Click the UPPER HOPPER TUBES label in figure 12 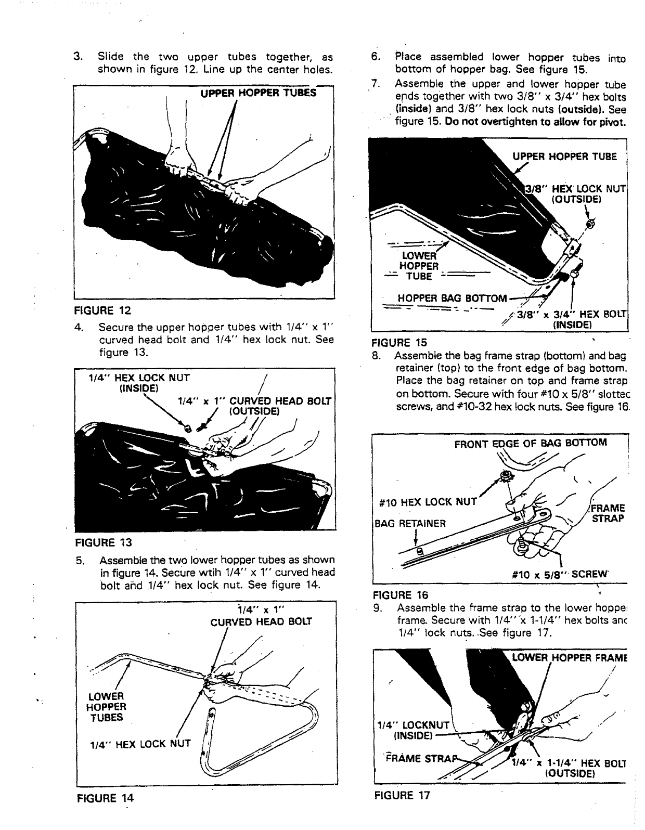258,93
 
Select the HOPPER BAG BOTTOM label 451,299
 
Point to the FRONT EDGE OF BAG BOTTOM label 530,443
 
